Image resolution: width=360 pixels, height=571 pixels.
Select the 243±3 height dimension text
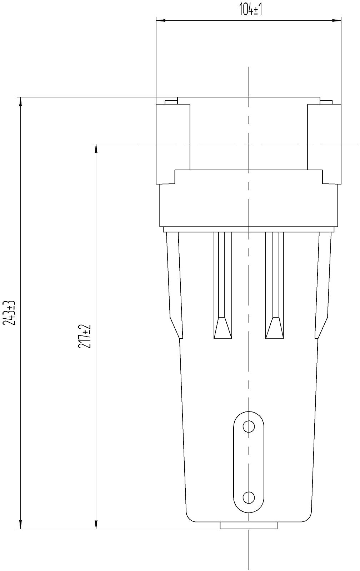pos(9,313)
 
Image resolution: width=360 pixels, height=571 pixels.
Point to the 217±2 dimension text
pos(85,337)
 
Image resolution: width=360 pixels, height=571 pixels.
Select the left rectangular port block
pos(173,144)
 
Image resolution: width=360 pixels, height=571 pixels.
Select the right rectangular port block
pos(324,144)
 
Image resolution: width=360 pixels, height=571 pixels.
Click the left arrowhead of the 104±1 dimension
pos(160,20)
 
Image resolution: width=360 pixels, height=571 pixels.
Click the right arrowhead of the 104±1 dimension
pos(337,20)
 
